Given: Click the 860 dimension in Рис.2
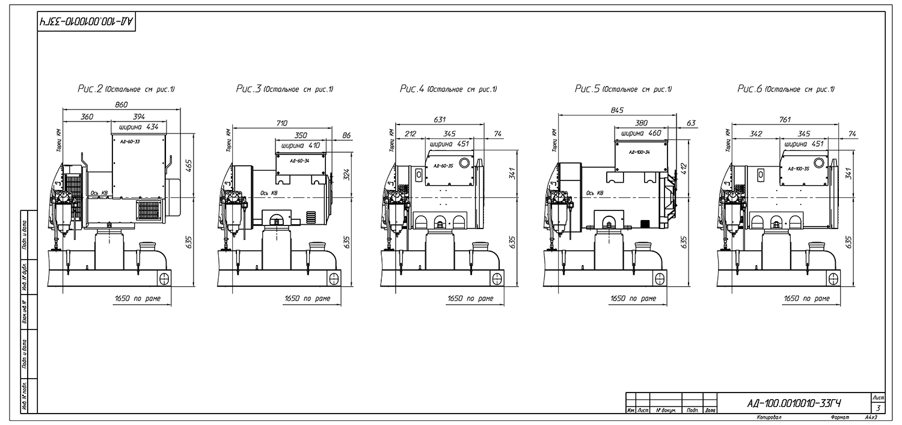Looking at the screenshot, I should (x=121, y=105).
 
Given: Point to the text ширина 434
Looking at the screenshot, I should (x=138, y=127).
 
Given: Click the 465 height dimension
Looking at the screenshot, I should (x=188, y=166).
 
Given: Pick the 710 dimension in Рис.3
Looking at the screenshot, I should (x=281, y=123).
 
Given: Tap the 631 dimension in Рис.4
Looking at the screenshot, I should (x=440, y=120).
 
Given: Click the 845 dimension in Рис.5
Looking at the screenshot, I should (x=617, y=109).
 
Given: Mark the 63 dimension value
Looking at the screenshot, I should (x=691, y=123).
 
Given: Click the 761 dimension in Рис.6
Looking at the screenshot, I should (x=784, y=120).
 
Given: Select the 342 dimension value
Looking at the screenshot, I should (x=756, y=133).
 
